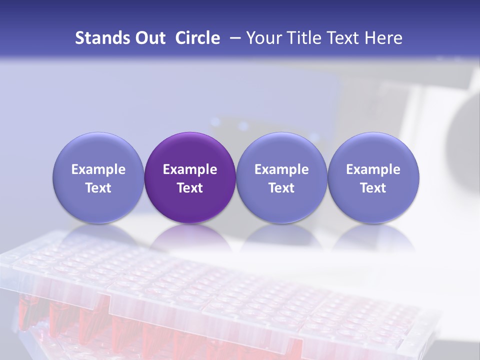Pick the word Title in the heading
coord(301,38)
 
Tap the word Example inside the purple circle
coord(190,170)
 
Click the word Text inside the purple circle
coord(190,188)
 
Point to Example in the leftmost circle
coord(98,170)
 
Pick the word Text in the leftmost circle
coord(98,188)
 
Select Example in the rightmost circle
coord(373,170)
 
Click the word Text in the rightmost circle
coord(373,188)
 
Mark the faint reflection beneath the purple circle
coord(190,237)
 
